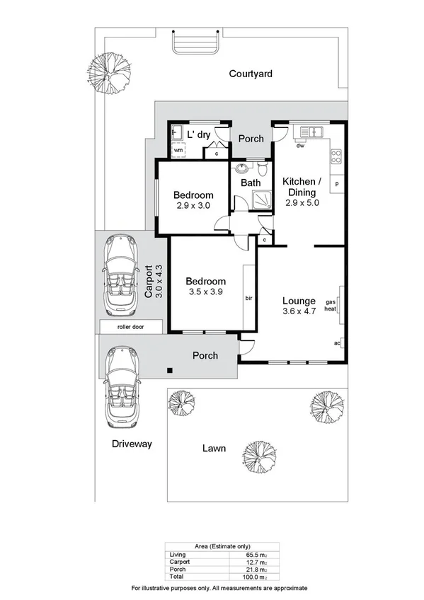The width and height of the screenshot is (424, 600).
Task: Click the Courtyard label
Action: click(251, 74)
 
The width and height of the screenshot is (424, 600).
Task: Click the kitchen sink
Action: click(311, 132)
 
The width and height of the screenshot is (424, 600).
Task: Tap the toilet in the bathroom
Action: click(262, 170)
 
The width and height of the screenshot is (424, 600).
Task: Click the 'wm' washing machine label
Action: click(178, 151)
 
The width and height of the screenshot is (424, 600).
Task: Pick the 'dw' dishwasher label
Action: click(300, 146)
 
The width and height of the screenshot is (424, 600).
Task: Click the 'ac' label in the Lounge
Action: click(338, 344)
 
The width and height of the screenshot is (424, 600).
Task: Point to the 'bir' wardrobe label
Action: click(249, 298)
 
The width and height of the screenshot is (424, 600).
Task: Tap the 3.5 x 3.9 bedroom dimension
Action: click(206, 292)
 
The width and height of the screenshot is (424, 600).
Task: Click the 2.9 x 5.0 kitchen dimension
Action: click(302, 202)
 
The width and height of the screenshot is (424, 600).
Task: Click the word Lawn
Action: click(214, 448)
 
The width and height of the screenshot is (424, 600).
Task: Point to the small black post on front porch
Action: click(169, 370)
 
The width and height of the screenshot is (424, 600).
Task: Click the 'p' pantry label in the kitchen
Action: click(337, 184)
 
